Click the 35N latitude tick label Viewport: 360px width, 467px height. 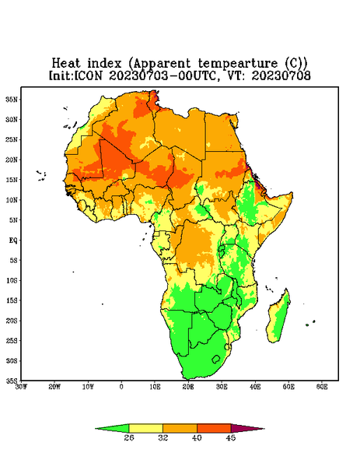12,100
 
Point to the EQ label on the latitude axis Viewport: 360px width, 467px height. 12,240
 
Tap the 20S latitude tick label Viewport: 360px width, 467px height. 12,321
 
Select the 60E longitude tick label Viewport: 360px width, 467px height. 322,387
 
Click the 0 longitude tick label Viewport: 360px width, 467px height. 121,387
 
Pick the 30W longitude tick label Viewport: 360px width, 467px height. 21,387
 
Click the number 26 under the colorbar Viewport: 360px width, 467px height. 129,437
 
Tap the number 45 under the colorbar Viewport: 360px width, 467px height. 231,437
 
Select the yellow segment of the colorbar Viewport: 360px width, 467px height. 145,429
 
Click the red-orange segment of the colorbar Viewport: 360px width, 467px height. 214,429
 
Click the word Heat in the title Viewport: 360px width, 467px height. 66,64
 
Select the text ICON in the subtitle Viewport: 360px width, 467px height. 88,75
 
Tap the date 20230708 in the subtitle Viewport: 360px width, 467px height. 281,75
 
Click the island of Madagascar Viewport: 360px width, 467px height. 279,318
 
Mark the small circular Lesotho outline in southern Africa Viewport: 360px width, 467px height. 216,359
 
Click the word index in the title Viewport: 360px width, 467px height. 104,64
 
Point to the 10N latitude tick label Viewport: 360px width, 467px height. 12,200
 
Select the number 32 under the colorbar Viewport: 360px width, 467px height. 163,437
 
